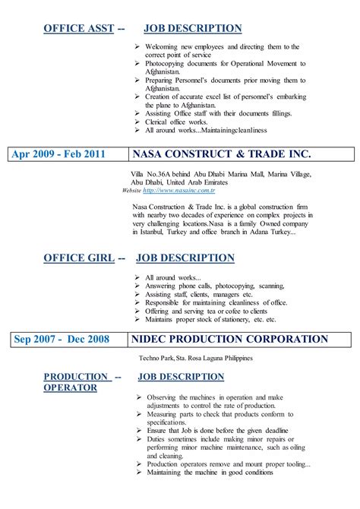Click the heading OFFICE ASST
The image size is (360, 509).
tap(78, 29)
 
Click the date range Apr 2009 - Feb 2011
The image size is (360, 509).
tap(58, 154)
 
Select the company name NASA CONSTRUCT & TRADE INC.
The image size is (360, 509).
tap(221, 154)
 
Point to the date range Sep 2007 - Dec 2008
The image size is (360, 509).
tap(62, 339)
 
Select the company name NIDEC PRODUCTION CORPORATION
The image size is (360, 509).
tap(229, 339)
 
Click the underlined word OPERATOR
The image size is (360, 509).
tap(70, 387)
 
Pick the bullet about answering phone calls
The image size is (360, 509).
tap(210, 286)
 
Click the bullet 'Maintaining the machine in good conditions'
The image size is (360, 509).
tap(210, 472)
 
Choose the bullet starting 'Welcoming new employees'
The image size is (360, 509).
tap(223, 46)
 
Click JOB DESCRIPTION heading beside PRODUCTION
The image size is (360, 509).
tap(181, 377)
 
